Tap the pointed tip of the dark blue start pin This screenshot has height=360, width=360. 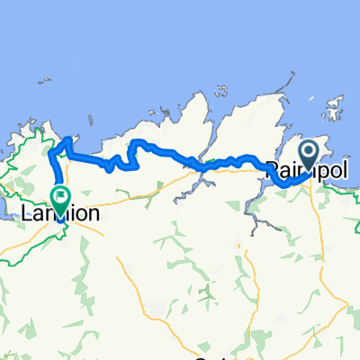(309, 171)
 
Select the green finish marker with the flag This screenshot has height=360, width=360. (61, 198)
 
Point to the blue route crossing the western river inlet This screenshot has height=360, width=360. (196, 165)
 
